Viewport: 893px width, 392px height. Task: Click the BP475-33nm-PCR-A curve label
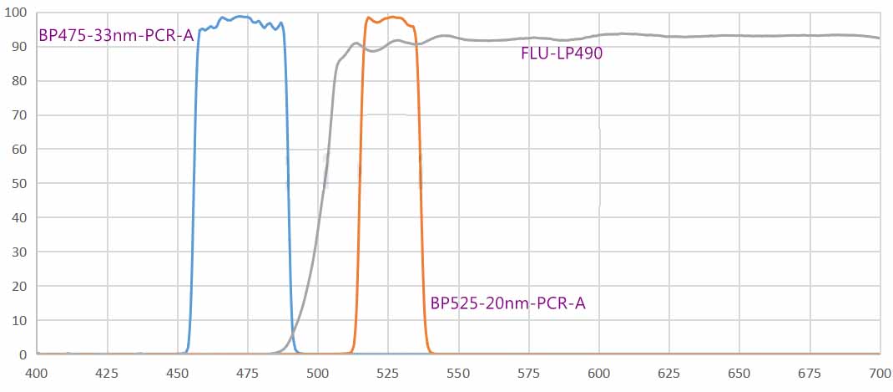[116, 37]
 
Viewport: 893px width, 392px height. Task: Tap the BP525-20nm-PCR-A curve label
[507, 303]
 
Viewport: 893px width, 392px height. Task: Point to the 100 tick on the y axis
[17, 13]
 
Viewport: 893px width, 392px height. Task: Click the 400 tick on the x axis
[37, 372]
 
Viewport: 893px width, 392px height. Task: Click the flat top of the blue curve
[242, 18]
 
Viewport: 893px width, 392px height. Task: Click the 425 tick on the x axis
[107, 372]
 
